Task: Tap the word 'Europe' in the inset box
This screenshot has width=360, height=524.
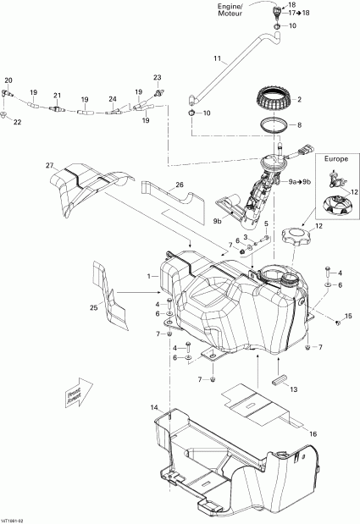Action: pos(335,159)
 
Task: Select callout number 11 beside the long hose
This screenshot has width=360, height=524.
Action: pos(217,59)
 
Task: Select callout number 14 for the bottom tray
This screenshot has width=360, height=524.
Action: pos(154,408)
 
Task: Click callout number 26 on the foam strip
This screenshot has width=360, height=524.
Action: pos(179,185)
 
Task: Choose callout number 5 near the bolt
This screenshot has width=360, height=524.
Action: pos(264,224)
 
